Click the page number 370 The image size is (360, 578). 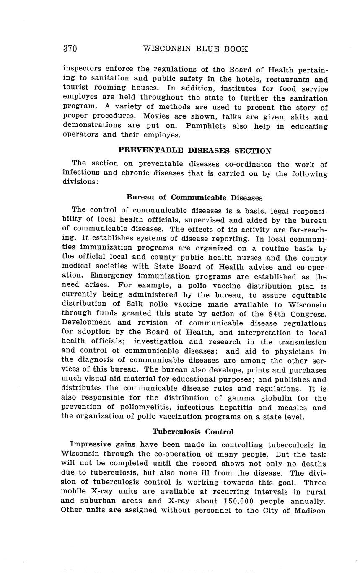pos(70,49)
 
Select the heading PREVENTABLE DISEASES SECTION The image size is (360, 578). pos(194,150)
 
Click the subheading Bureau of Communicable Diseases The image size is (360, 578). pos(194,197)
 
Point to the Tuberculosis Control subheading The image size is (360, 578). pos(193,431)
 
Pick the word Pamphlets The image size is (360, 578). pos(207,126)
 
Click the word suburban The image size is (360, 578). pos(97,501)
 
